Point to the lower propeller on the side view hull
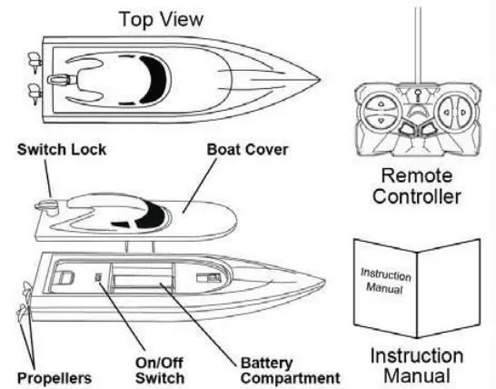coord(20,314)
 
